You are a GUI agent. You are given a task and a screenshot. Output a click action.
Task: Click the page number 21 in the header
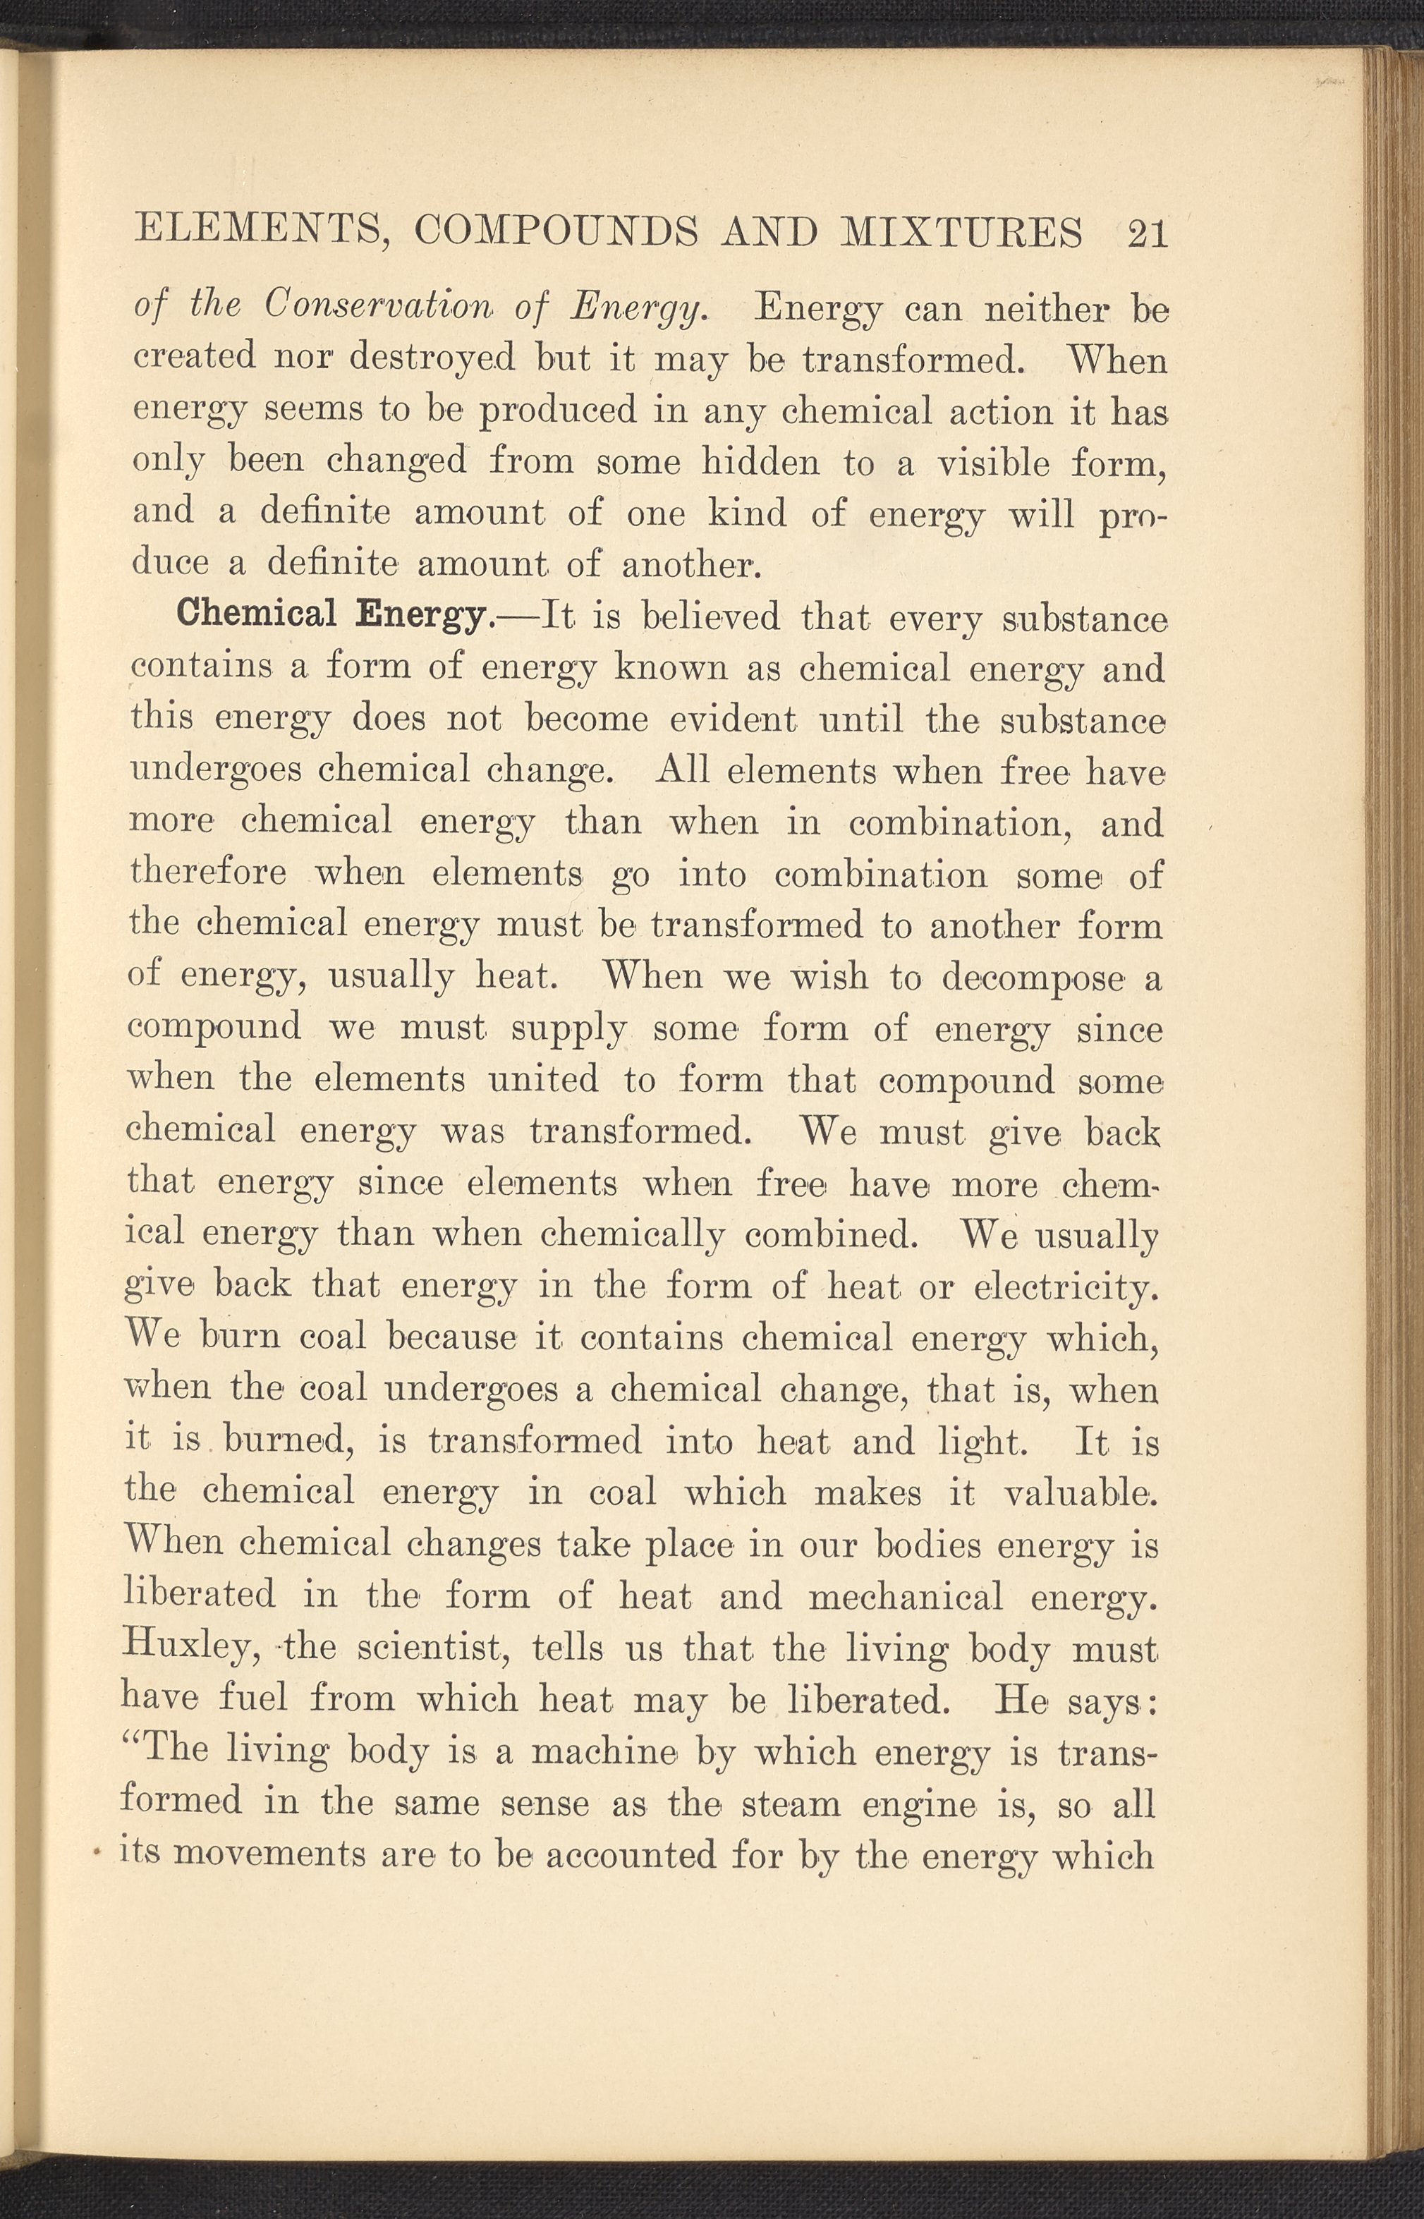[x=1148, y=232]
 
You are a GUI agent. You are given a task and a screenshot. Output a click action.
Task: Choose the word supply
[x=566, y=1028]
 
